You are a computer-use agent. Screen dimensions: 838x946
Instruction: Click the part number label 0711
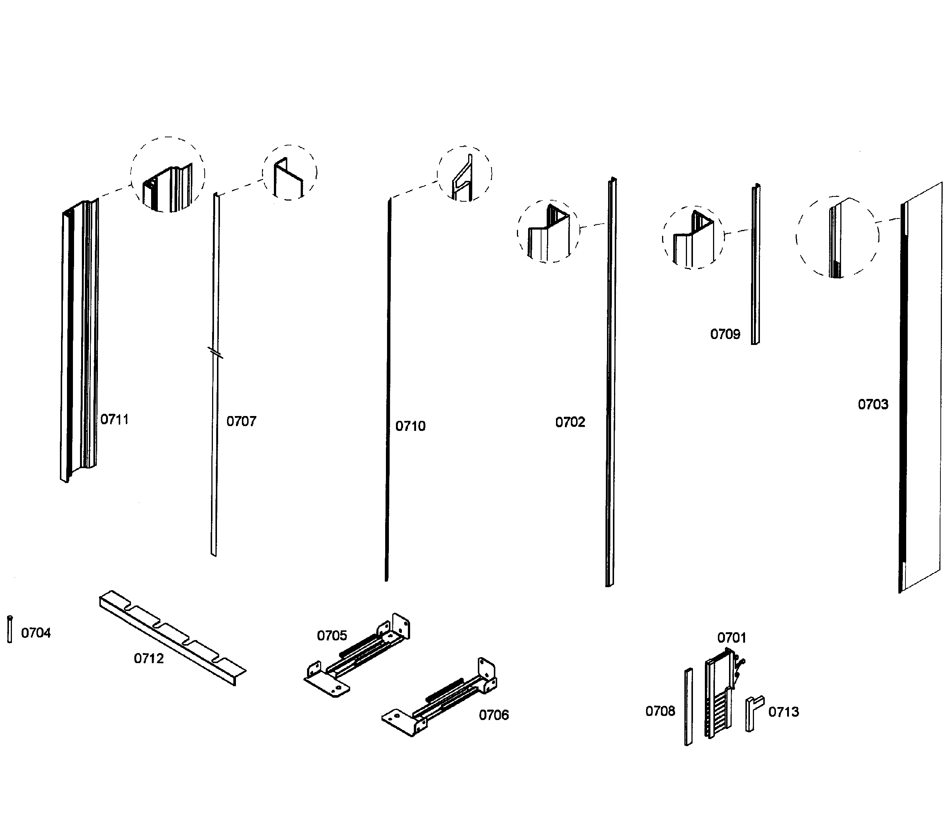pos(114,419)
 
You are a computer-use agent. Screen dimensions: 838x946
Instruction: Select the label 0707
pos(241,421)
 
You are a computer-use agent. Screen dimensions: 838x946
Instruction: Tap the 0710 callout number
pos(410,426)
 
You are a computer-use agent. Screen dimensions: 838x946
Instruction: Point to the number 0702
pos(570,422)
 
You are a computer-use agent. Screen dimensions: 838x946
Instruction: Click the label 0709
pos(725,334)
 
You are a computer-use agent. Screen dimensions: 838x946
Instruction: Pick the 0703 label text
pos(873,404)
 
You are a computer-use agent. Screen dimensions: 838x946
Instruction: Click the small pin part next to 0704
pos(10,629)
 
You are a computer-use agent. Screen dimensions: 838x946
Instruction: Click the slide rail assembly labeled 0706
pos(440,699)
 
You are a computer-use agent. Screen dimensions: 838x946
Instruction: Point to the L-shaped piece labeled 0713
pos(754,713)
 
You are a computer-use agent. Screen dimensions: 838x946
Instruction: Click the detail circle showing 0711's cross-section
pos(167,175)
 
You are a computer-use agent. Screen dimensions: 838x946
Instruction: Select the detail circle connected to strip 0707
pos(290,173)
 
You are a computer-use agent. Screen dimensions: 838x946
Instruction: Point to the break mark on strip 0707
pos(215,353)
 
